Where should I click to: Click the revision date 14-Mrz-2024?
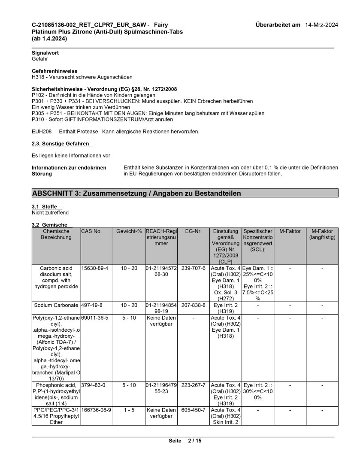321,25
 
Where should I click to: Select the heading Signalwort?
45,53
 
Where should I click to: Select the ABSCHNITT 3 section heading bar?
182,194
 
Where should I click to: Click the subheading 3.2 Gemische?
49,225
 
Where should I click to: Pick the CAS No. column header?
91,231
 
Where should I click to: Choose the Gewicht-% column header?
129,231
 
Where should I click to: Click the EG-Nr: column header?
194,231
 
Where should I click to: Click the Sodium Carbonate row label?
56,305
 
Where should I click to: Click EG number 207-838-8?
193,305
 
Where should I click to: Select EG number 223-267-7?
193,385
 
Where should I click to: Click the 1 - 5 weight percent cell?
129,410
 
